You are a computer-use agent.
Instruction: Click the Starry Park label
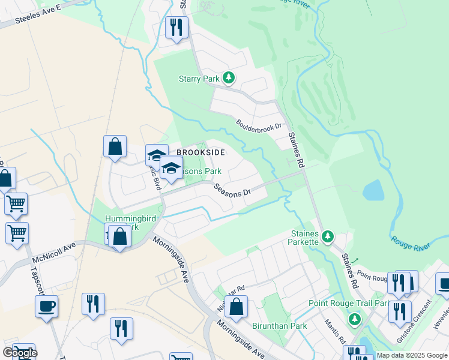pos(199,79)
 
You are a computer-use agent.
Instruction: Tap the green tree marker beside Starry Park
pos(228,78)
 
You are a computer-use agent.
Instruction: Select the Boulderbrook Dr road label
pos(259,127)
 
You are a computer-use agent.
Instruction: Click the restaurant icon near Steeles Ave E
pos(176,28)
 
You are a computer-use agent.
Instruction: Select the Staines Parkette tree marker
pos(327,237)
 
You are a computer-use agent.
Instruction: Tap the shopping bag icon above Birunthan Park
pos(237,307)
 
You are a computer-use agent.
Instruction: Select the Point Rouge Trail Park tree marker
pos(355,318)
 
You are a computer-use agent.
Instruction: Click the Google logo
pos(20,353)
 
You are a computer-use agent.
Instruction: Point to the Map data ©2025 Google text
pos(411,355)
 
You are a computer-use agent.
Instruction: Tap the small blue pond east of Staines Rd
pos(373,190)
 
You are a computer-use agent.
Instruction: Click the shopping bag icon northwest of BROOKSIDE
pos(115,147)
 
